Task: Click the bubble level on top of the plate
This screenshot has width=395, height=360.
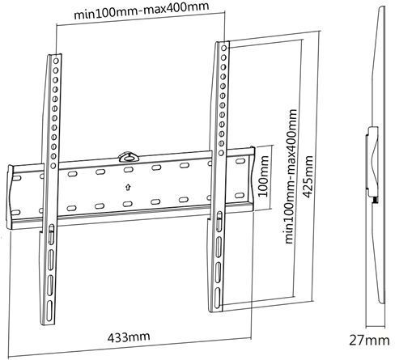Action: (127, 157)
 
